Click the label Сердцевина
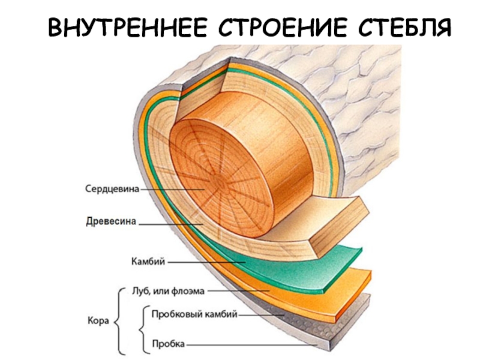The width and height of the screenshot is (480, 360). (110, 189)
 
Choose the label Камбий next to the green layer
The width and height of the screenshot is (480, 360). (148, 262)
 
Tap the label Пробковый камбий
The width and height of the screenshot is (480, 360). (195, 314)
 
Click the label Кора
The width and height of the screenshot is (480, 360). (98, 321)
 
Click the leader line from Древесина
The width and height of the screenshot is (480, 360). (171, 224)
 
